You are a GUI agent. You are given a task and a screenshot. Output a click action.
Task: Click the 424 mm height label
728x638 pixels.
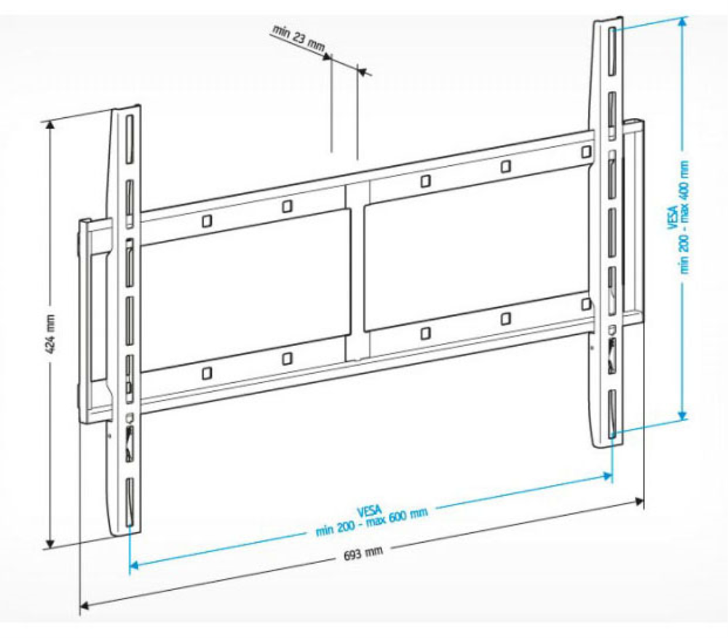pos(50,334)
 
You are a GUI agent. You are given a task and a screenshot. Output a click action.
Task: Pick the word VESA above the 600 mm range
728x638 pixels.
pos(369,509)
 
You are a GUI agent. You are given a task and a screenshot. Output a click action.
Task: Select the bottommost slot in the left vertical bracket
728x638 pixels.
pos(129,503)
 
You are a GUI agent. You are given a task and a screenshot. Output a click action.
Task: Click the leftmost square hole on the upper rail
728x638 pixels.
pos(207,218)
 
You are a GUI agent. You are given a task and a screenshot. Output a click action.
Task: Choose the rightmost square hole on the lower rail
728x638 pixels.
pos(585,303)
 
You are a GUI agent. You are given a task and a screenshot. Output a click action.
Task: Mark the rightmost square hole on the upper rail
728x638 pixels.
pos(586,151)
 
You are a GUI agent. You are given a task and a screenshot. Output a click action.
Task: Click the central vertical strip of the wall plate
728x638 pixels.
pos(357,269)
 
